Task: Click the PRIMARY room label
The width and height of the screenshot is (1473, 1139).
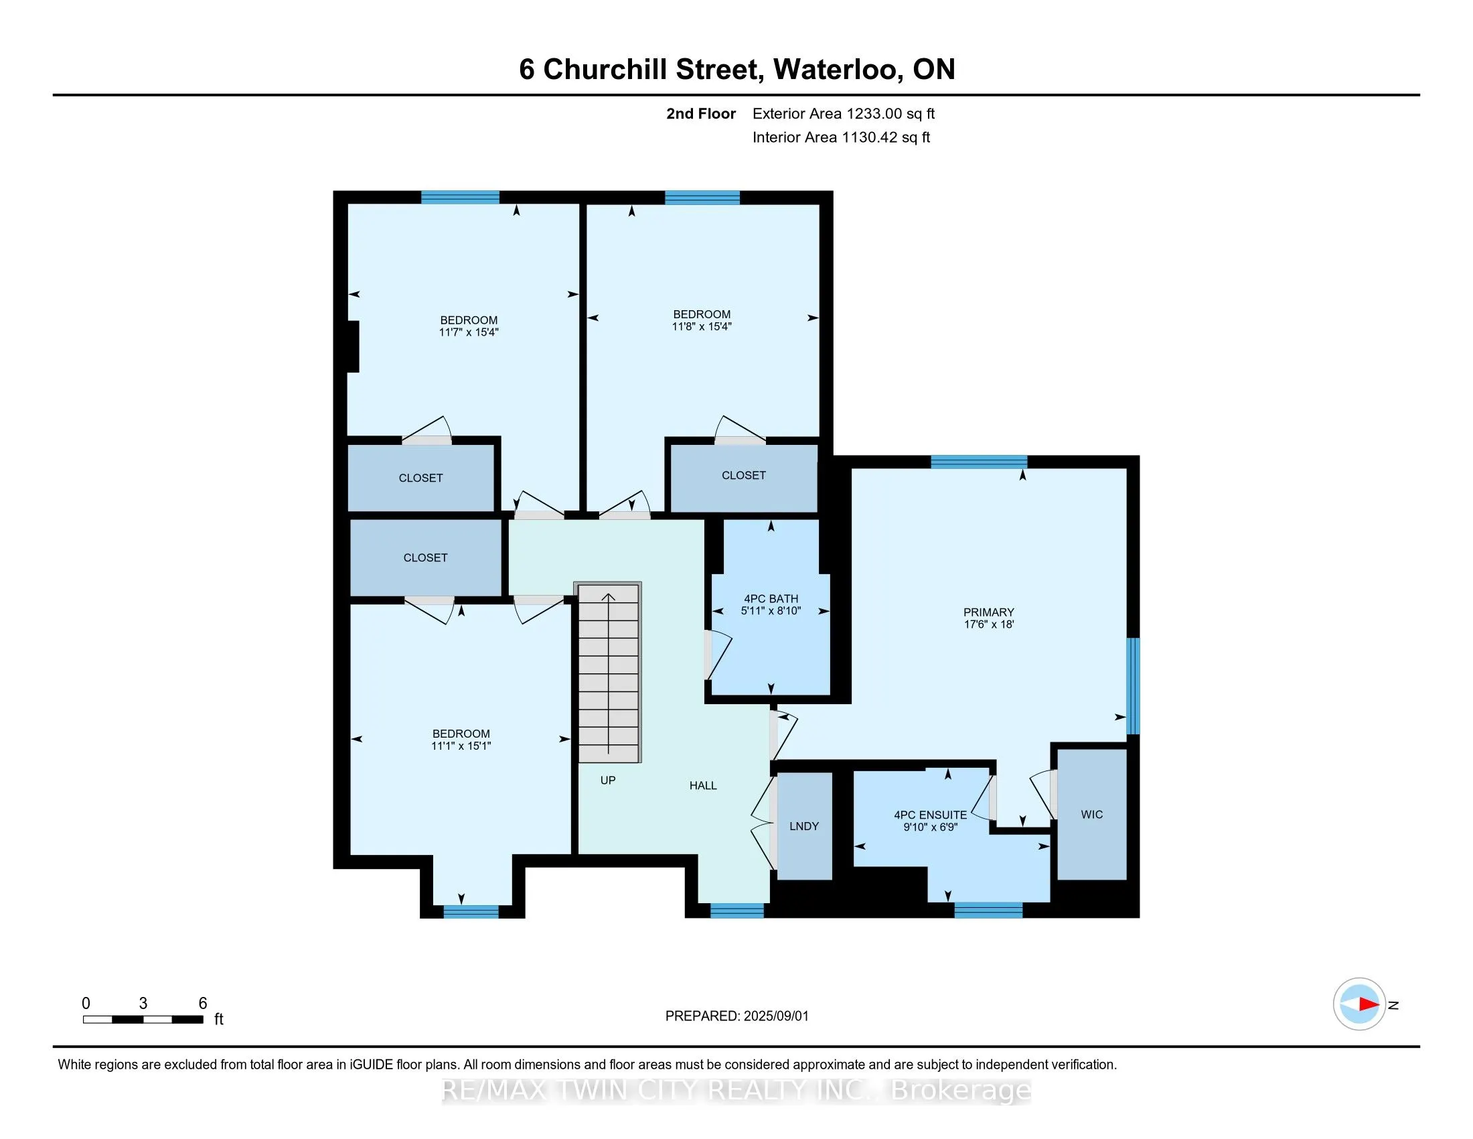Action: (988, 612)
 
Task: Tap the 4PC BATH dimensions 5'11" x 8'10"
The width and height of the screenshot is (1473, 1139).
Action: (770, 611)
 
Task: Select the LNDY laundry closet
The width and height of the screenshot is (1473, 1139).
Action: (804, 826)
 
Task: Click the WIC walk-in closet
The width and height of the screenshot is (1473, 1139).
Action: (1091, 815)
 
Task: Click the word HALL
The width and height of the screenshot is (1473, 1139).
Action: (703, 785)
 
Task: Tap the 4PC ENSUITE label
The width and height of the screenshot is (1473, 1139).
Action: (930, 815)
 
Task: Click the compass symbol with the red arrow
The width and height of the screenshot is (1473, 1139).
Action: (1359, 1004)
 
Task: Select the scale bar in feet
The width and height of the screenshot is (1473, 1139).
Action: (143, 1019)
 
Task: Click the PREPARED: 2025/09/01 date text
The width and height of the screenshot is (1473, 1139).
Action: (736, 1016)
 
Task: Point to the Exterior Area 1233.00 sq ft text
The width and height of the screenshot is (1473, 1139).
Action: (843, 114)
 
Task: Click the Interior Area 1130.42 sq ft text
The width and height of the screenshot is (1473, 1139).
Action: (841, 137)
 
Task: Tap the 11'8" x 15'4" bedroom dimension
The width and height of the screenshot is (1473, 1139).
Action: (702, 326)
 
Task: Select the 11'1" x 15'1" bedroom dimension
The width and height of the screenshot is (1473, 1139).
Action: (461, 746)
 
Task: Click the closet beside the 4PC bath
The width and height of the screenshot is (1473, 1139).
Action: (743, 476)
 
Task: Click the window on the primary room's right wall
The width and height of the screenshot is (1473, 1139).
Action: (1134, 685)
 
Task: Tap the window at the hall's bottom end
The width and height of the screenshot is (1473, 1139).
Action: (736, 911)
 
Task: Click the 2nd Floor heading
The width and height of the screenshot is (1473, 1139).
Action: (700, 114)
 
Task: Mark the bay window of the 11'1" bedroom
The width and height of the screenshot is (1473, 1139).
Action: (471, 912)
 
